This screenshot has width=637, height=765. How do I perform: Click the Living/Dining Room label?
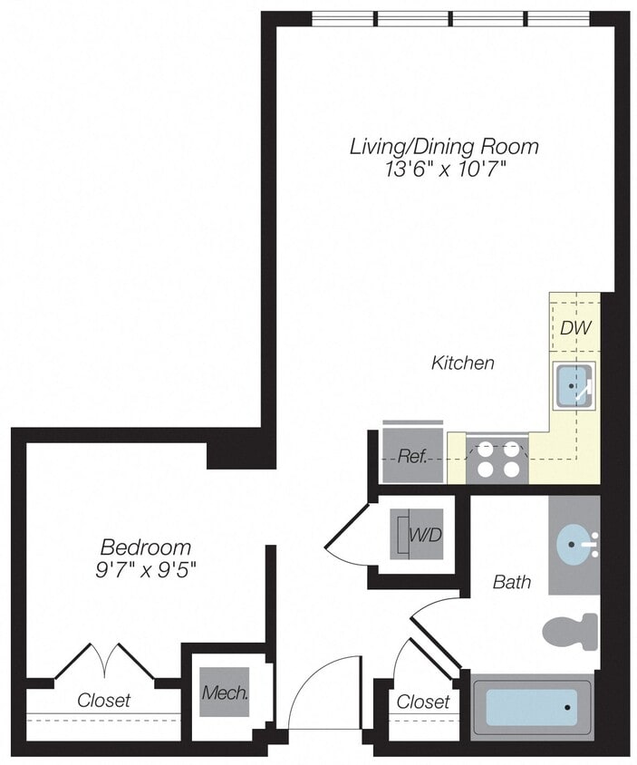[x=444, y=146]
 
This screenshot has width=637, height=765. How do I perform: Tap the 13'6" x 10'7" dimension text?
[x=444, y=169]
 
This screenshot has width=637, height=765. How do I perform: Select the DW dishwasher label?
[x=574, y=327]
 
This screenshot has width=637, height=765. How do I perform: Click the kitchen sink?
[x=574, y=385]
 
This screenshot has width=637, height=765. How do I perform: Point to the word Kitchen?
[x=462, y=363]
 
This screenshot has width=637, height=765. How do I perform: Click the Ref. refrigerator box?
[x=413, y=456]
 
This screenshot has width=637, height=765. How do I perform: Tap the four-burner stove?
[x=498, y=459]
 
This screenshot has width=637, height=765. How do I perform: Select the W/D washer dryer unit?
[x=418, y=535]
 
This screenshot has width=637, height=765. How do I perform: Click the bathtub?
[x=533, y=706]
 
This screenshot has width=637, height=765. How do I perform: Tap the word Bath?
[x=512, y=582]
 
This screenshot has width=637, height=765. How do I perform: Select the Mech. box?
[x=225, y=694]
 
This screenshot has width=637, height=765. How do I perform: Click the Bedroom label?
[x=146, y=547]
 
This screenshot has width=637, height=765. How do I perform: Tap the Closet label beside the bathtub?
[x=423, y=702]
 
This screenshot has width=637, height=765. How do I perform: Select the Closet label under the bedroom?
[x=103, y=700]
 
